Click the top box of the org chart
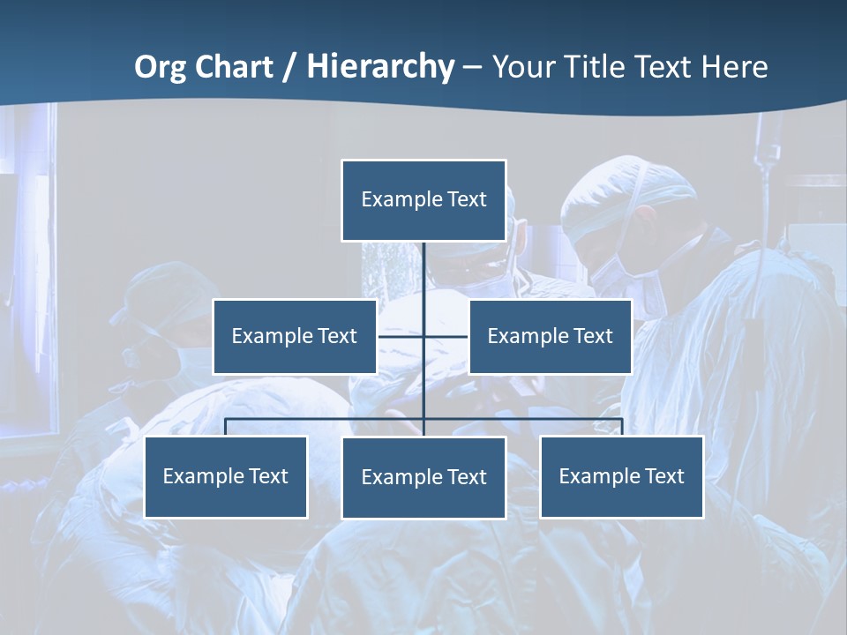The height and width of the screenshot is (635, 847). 423,200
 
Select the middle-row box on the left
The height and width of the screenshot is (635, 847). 295,336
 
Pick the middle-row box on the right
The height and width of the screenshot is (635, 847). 550,336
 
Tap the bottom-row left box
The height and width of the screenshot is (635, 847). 226,476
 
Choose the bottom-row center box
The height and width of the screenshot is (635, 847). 423,477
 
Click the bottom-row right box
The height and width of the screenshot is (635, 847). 621,476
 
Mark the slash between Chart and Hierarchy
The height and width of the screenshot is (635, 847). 289,67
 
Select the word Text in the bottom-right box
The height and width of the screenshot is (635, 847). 664,476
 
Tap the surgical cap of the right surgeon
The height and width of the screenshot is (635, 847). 628,190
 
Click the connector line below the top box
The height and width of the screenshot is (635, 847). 423,273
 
